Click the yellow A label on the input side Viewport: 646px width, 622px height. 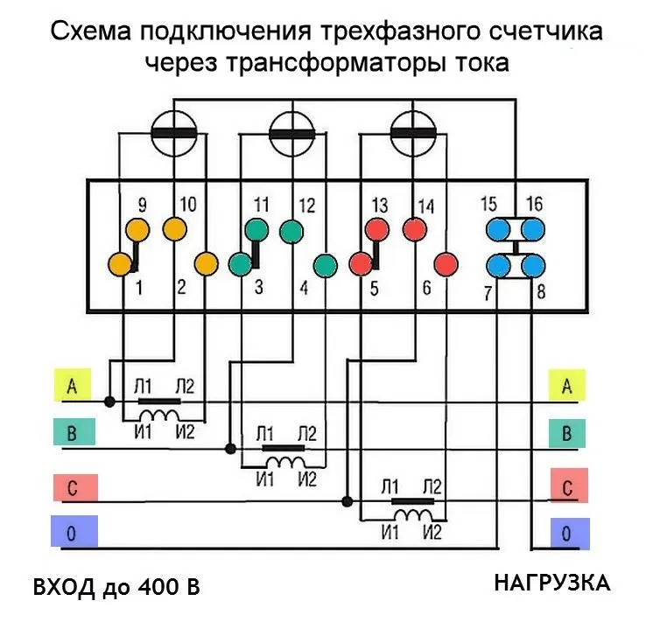pos(72,387)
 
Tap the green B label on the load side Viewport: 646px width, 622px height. pos(565,433)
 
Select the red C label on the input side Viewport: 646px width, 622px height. pos(72,488)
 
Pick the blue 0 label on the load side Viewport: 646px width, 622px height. pos(565,531)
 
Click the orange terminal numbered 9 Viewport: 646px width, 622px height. pos(137,229)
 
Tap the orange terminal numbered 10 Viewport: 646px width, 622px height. pos(175,229)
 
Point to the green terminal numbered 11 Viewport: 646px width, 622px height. pos(256,230)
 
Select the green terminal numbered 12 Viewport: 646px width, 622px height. pos(291,231)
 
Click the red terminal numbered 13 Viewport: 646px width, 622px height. pos(376,230)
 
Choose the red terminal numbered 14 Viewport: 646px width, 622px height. pos(414,230)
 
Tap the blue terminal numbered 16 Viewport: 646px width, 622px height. pos(532,230)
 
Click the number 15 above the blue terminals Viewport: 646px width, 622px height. pos(488,205)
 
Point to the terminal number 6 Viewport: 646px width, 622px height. pos(426,288)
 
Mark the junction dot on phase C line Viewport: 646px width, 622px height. pos(348,501)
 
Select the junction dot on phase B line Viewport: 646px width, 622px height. pos(230,449)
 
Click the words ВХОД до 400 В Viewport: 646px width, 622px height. pos(117,586)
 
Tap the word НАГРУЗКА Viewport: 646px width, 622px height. pos(551,583)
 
